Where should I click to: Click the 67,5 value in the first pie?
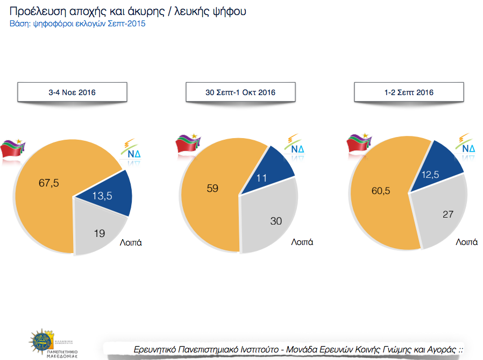48,183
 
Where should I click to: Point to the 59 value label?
212,189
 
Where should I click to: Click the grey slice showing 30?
274,220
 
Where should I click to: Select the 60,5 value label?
379,191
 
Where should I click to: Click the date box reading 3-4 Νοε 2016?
72,92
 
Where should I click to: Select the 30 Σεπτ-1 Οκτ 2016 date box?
240,92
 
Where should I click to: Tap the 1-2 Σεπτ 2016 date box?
409,92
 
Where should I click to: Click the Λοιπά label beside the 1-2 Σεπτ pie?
466,242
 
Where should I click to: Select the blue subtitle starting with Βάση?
78,24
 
